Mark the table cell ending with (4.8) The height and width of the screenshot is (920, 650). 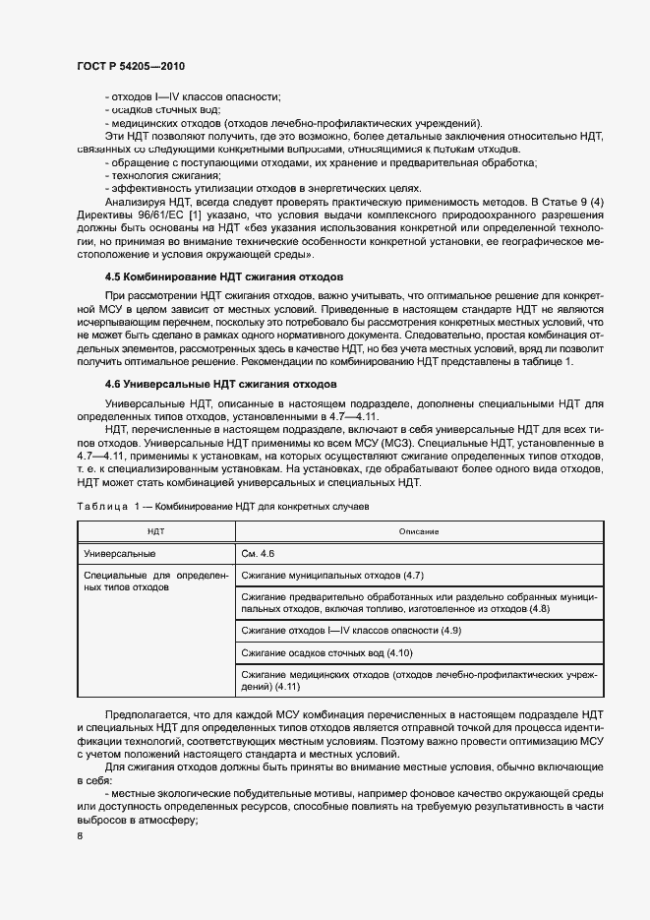[x=418, y=603]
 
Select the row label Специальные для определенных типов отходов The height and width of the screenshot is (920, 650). [x=155, y=581]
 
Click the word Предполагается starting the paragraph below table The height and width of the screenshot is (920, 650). [x=148, y=711]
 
